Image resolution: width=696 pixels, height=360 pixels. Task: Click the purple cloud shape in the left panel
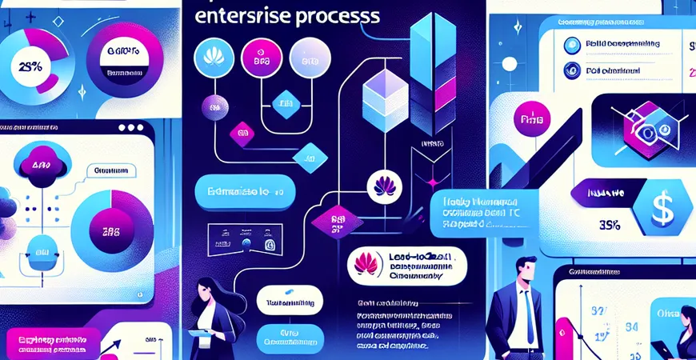pyautogui.click(x=38, y=165)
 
